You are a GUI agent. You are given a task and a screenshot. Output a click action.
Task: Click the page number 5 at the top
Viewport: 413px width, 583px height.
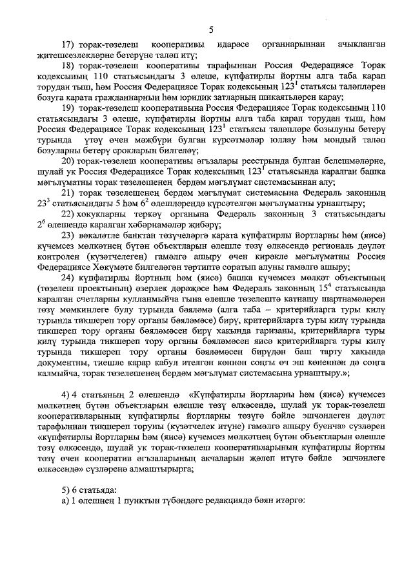[x=210, y=30]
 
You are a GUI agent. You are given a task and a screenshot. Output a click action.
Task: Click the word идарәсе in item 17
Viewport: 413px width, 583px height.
[x=229, y=46]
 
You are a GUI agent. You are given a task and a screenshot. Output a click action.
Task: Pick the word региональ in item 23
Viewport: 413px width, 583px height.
[x=337, y=246]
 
